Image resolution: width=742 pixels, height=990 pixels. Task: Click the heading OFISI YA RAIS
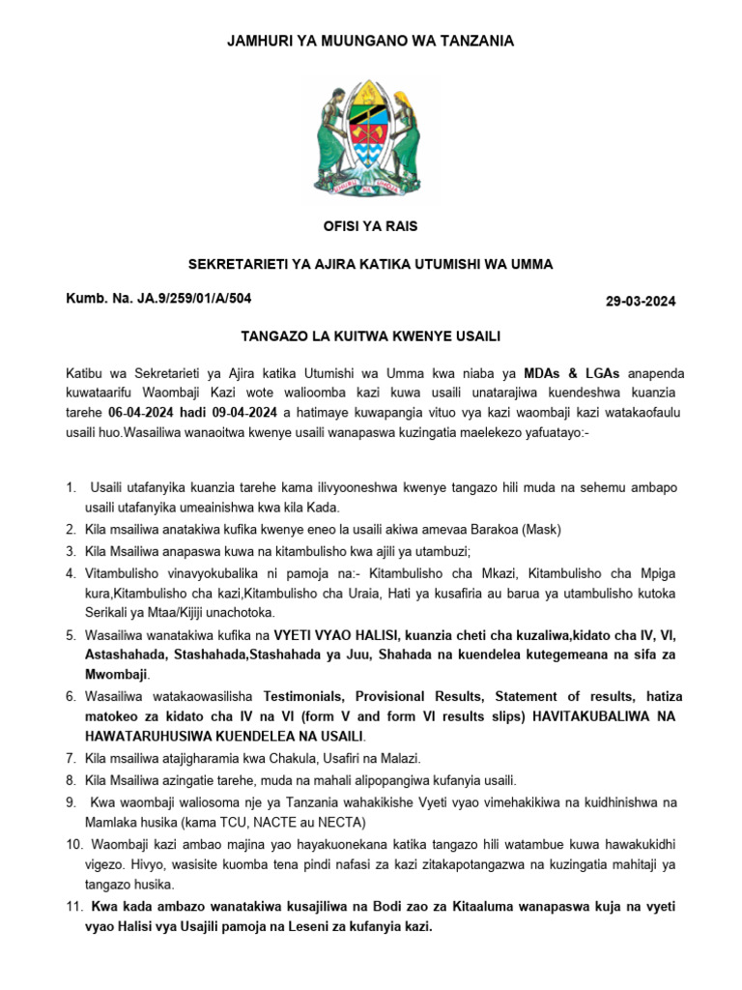[370, 226]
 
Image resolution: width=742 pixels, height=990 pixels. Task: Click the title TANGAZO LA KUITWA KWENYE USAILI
[370, 335]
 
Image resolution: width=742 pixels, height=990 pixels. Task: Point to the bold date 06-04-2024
[150, 410]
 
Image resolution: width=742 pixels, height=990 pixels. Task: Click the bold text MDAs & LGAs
[571, 373]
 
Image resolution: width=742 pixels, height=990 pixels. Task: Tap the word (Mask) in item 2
[540, 530]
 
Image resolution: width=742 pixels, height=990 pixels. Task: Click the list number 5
[71, 635]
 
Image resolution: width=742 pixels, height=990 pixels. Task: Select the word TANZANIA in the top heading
[477, 41]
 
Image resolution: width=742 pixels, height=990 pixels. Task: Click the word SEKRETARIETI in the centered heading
[231, 264]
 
